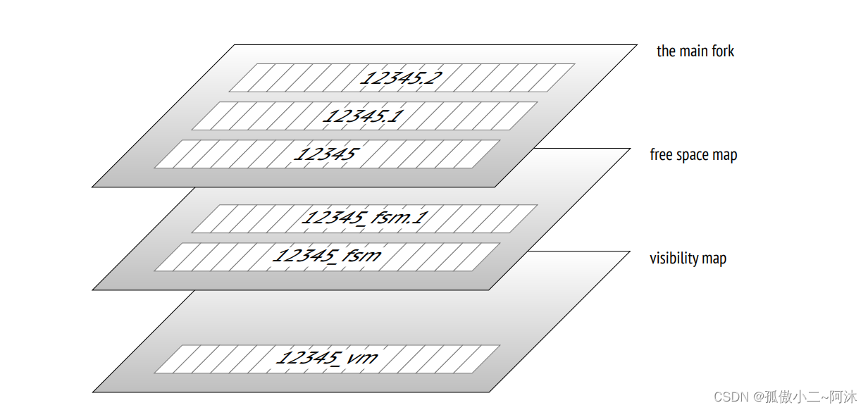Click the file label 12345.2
[401, 77]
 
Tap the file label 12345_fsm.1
[364, 218]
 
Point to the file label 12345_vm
[326, 359]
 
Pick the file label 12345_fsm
[326, 256]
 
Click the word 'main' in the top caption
[695, 51]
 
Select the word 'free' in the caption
[661, 155]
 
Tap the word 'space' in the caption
[694, 156]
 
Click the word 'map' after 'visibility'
[714, 259]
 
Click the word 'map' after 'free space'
[725, 156]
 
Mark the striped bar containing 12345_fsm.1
[247, 218]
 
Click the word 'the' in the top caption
[666, 51]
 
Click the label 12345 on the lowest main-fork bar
[326, 154]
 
